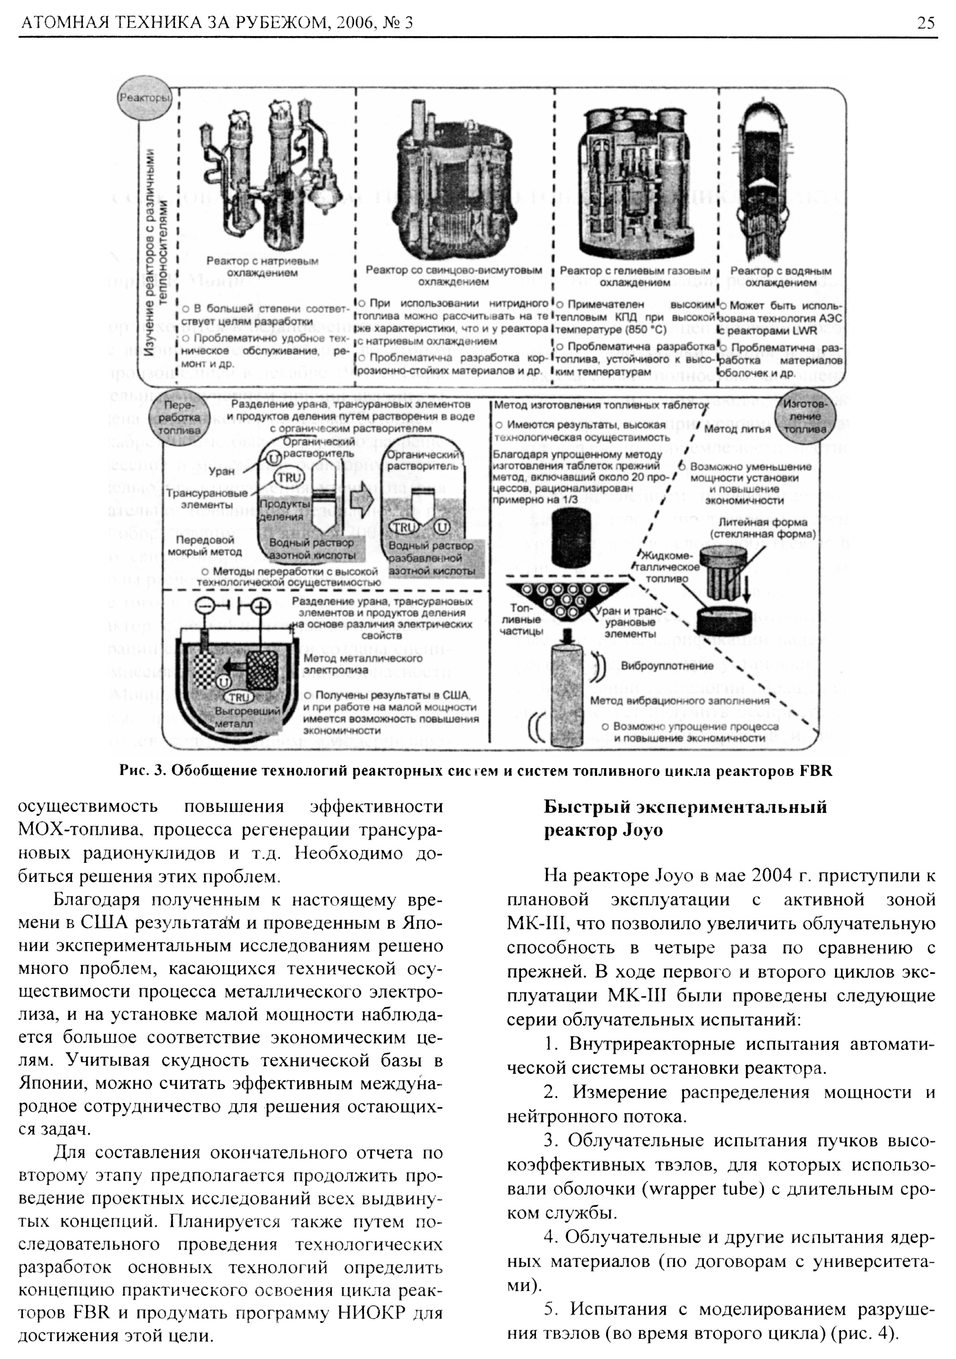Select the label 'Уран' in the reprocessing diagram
point(221,472)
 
